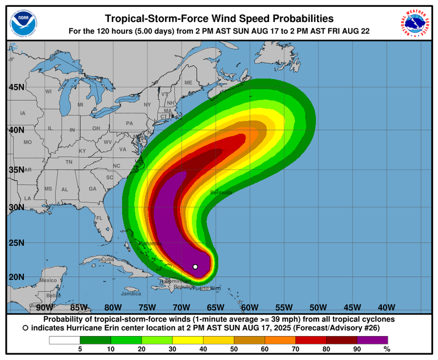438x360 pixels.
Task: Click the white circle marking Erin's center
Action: click(195, 267)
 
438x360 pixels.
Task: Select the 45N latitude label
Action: click(16, 87)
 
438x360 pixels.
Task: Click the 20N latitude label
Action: click(16, 277)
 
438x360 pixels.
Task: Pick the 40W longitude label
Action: click(386, 307)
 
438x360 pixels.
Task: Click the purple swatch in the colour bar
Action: click(372, 340)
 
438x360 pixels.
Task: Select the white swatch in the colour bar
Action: click(65, 340)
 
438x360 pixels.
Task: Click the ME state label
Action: click(188, 83)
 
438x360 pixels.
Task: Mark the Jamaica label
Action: click(131, 294)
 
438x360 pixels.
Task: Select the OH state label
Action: click(96, 128)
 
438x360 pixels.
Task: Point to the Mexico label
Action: click(48, 280)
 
